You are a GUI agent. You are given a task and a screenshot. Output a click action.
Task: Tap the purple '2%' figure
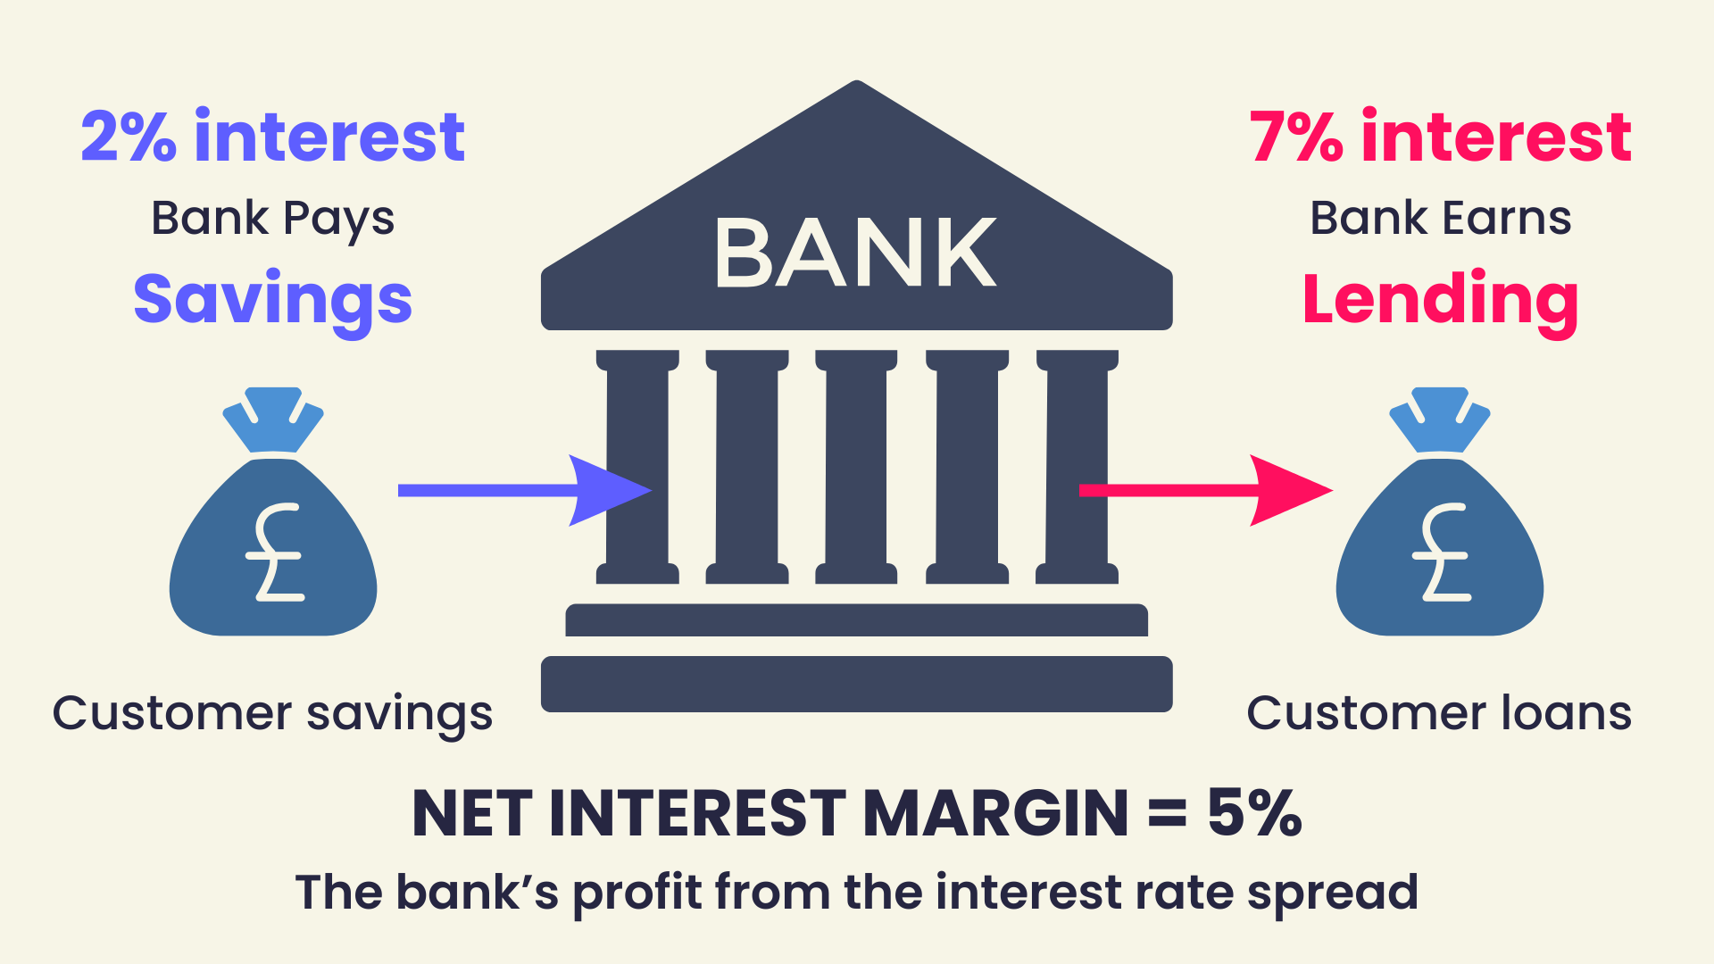pos(129,137)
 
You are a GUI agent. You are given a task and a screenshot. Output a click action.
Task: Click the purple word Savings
pos(272,300)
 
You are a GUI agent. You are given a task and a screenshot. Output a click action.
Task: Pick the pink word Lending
pos(1440,300)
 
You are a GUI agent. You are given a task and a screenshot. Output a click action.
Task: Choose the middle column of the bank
pos(856,467)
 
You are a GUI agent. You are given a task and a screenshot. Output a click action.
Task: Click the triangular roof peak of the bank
pos(857,98)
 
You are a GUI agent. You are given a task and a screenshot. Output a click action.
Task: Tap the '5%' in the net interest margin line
pos(1254,813)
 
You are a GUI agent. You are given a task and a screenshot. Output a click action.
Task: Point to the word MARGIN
pos(995,813)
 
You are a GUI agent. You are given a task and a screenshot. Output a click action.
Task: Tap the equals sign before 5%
pos(1167,814)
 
